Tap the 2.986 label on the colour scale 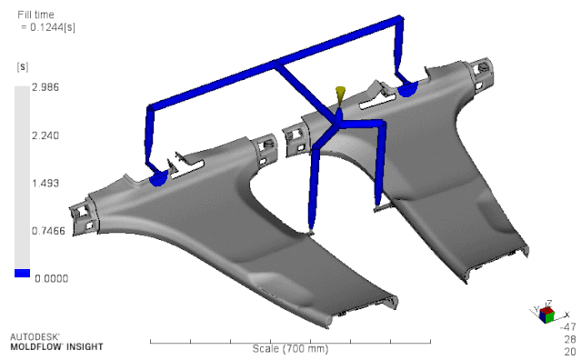tap(45, 87)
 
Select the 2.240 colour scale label tap(45, 135)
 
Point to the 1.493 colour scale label tap(45, 184)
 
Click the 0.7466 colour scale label tap(48, 231)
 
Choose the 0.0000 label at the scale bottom tap(52, 278)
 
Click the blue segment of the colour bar tap(22, 274)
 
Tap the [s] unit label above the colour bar tap(23, 66)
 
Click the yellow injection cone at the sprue tap(340, 94)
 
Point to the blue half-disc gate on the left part tap(158, 178)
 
